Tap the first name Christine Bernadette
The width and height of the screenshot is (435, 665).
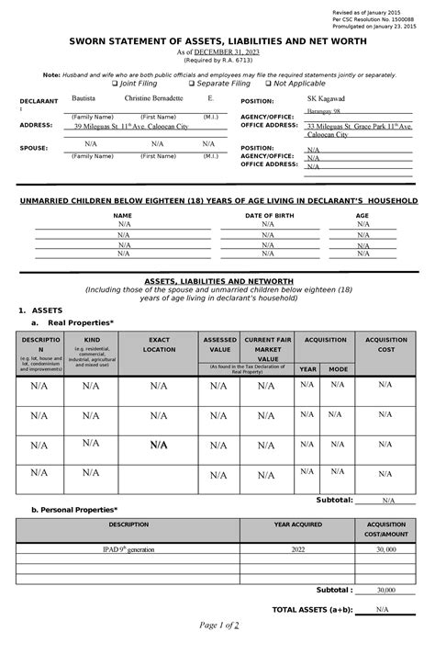153,97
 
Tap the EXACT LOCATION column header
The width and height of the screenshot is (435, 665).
159,345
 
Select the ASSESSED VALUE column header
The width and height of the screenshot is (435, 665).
218,345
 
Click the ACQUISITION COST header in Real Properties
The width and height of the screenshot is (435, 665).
387,345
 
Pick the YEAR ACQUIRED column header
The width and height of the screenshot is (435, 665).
296,524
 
